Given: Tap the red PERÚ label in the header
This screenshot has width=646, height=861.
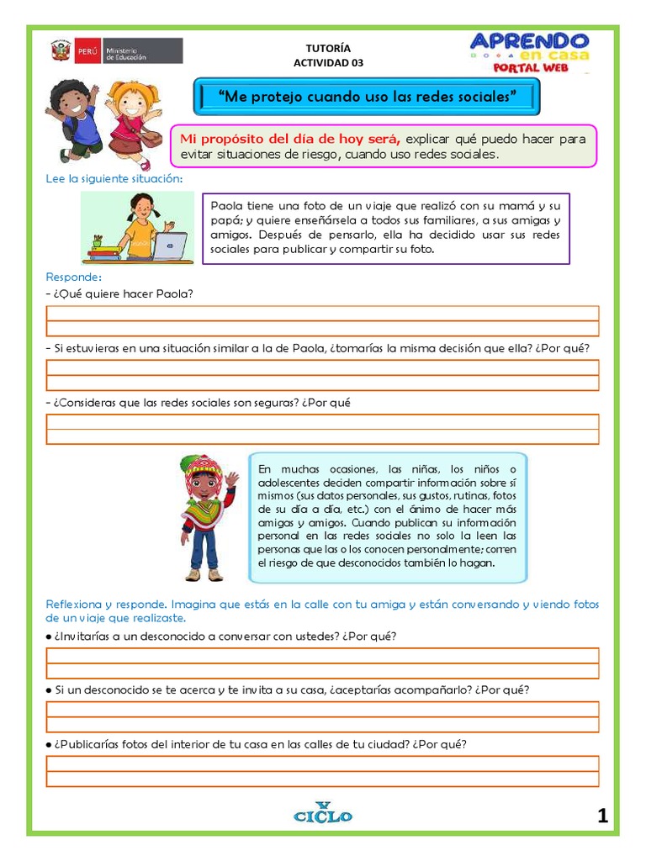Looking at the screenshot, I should click(x=87, y=51).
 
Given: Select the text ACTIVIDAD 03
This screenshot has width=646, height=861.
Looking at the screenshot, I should click(x=329, y=62).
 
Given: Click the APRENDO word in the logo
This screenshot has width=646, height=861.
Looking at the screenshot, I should click(x=529, y=40).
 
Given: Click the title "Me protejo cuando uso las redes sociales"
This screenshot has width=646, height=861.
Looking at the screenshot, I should click(x=366, y=97).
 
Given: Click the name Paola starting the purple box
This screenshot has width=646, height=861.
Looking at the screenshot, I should click(x=225, y=205).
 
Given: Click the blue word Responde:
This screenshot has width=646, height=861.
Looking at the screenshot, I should click(x=74, y=277).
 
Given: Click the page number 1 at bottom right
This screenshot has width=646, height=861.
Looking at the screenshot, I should click(x=602, y=815).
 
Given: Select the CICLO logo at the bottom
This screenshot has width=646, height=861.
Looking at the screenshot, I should click(x=323, y=813).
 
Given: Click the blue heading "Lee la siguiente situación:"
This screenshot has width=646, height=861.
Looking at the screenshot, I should click(x=114, y=178).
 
